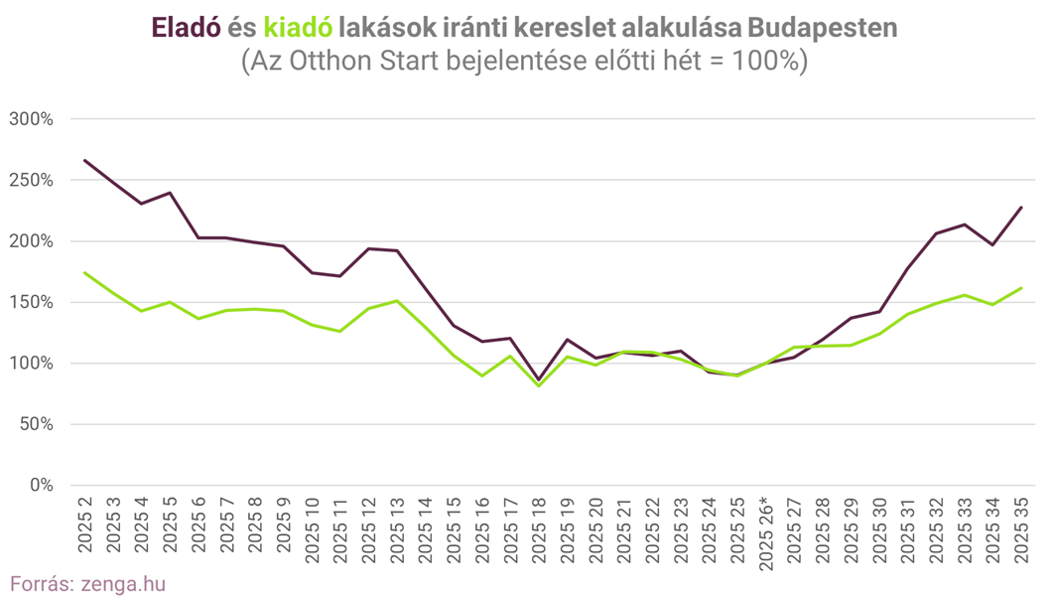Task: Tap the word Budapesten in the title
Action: [x=813, y=28]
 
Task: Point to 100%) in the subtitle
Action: [x=770, y=60]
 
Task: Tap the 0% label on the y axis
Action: [x=40, y=485]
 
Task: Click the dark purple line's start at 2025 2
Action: [x=85, y=160]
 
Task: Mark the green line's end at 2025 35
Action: [x=1021, y=288]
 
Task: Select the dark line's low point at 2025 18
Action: [x=538, y=379]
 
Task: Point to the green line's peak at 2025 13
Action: [x=397, y=301]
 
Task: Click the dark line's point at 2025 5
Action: [x=171, y=193]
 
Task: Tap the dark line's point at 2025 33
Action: [x=965, y=225]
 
